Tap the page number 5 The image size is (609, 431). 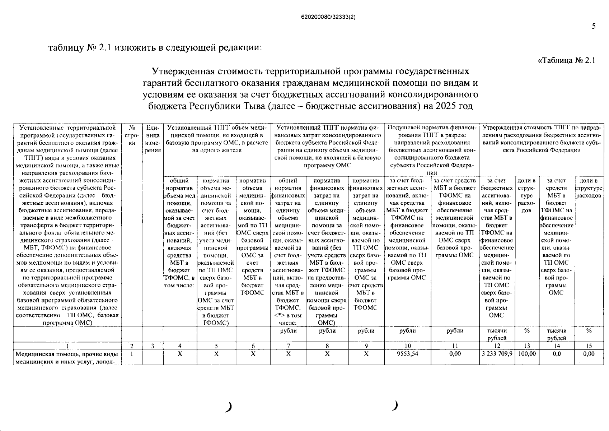click(593, 26)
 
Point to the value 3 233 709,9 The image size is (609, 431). click(497, 354)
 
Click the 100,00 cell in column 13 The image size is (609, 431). click(526, 354)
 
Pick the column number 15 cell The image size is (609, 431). click(589, 346)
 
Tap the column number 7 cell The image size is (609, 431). click(288, 346)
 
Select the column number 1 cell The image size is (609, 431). click(67, 346)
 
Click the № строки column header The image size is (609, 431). click(132, 135)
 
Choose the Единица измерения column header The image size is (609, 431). click(153, 139)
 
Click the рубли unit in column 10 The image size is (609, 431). click(407, 331)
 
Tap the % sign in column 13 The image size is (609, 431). click(526, 331)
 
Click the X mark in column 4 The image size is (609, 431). click(180, 354)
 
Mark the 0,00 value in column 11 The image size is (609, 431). click(455, 354)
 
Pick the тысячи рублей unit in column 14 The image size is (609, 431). click(557, 334)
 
